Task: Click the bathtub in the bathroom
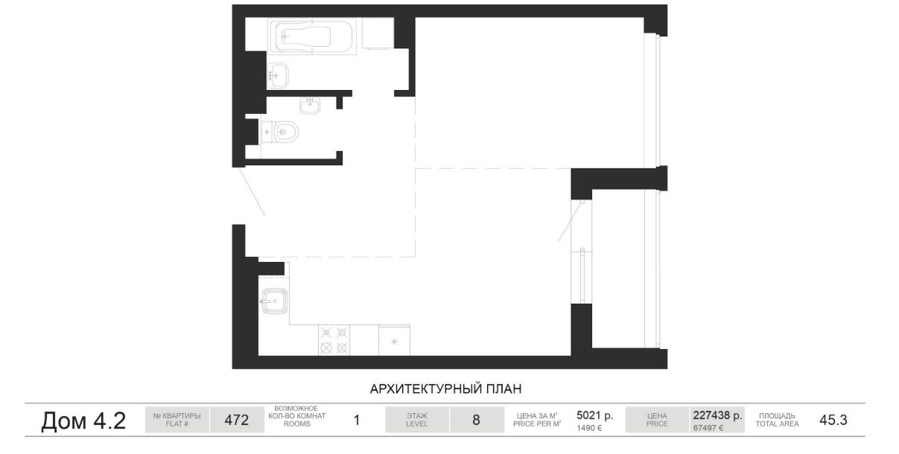click(x=312, y=36)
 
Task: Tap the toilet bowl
click(x=281, y=132)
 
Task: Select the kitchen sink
click(x=275, y=301)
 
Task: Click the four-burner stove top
click(x=334, y=340)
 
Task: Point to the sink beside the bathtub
click(x=278, y=75)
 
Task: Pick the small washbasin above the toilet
click(x=310, y=106)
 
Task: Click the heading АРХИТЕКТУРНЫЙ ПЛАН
click(x=445, y=389)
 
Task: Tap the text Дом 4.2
click(x=83, y=421)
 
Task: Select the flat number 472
click(x=237, y=420)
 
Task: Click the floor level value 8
click(x=477, y=420)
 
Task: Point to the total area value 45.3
click(x=833, y=420)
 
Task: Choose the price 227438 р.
click(x=717, y=415)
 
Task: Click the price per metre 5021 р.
click(x=595, y=415)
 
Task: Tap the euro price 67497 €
click(x=708, y=428)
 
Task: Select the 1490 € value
click(x=589, y=428)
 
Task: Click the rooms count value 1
click(x=356, y=420)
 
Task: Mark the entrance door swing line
click(x=252, y=192)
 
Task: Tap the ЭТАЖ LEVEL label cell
click(x=417, y=420)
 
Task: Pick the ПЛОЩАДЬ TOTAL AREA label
click(x=777, y=420)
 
